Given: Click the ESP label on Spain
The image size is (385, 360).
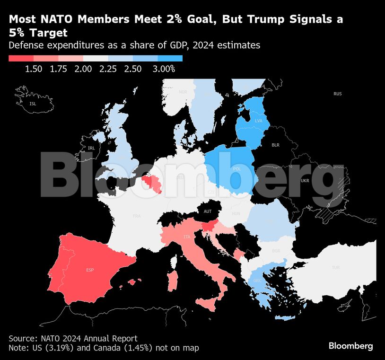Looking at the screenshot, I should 90,270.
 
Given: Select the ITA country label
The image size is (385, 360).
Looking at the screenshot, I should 187,237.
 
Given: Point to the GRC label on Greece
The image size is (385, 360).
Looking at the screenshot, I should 257,280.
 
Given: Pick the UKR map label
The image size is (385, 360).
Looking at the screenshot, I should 305,181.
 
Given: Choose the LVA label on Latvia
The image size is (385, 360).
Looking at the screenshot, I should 258,121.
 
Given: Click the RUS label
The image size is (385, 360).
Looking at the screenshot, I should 337,94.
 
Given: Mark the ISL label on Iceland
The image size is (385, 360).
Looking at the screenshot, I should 32,103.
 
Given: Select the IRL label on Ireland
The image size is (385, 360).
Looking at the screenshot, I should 91,148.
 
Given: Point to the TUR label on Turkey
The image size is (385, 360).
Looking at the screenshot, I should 336,267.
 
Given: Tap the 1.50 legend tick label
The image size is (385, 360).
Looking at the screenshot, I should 34,69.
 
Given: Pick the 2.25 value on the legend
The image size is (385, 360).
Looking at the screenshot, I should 108,69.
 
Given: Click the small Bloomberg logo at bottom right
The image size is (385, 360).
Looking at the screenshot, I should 350,346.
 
